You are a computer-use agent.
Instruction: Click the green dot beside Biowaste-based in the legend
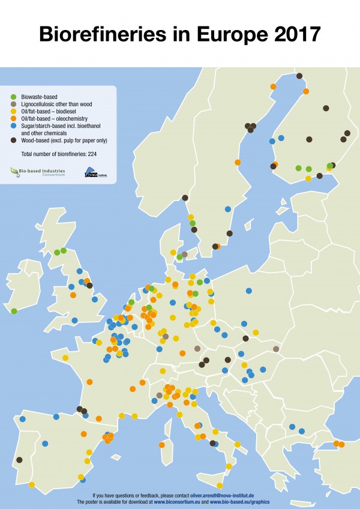coord(14,96)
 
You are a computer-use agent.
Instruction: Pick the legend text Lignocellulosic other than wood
coord(56,104)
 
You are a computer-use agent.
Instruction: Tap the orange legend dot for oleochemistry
coord(14,119)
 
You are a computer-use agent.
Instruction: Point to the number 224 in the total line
coord(91,154)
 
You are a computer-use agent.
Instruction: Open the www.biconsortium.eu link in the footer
coord(178,501)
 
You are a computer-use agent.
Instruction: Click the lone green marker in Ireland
coord(14,311)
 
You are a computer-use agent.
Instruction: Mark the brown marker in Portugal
coord(19,460)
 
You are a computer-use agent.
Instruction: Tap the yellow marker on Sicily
coord(220,486)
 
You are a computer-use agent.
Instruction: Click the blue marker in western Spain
coord(45,444)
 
